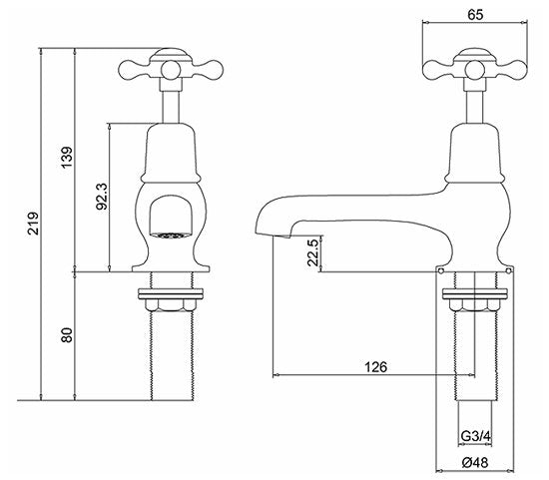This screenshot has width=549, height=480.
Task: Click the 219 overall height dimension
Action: pyautogui.click(x=33, y=223)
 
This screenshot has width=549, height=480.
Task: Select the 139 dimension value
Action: pyautogui.click(x=67, y=158)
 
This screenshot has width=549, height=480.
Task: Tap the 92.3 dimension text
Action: pyautogui.click(x=102, y=197)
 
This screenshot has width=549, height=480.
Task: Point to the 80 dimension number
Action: pyautogui.click(x=67, y=335)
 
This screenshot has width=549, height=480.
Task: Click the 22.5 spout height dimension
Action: pyautogui.click(x=313, y=252)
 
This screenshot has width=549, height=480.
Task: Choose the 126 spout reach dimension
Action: pyautogui.click(x=375, y=367)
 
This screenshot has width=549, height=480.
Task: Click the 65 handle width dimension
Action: pyautogui.click(x=475, y=14)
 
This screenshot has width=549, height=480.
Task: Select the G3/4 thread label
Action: pyautogui.click(x=476, y=436)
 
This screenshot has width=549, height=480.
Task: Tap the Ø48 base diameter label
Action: pyautogui.click(x=475, y=462)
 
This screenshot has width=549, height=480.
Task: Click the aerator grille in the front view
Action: pyautogui.click(x=171, y=236)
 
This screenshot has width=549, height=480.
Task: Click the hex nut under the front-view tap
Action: pyautogui.click(x=171, y=305)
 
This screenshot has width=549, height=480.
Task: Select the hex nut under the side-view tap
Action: pyautogui.click(x=474, y=305)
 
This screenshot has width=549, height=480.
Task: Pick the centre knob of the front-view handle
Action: pyautogui.click(x=171, y=70)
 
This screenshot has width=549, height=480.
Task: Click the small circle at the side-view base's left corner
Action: pyautogui.click(x=440, y=270)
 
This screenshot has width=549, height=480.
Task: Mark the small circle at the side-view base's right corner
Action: pyautogui.click(x=508, y=270)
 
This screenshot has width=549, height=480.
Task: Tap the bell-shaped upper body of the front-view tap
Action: pyautogui.click(x=171, y=153)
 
